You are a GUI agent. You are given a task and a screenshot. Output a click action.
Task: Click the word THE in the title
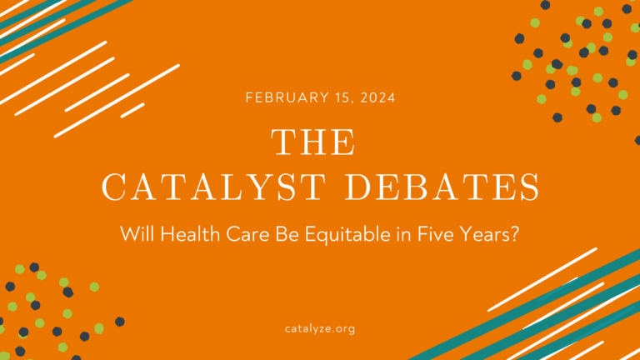(313, 142)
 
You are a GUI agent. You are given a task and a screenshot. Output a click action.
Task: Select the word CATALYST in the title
(214, 187)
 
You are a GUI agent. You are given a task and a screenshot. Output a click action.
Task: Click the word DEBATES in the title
(442, 187)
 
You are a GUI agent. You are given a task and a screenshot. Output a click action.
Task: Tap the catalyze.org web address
(320, 329)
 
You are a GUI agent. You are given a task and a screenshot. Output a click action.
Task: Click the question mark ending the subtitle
(515, 234)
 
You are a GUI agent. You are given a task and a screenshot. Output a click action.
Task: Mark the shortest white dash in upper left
(132, 111)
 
